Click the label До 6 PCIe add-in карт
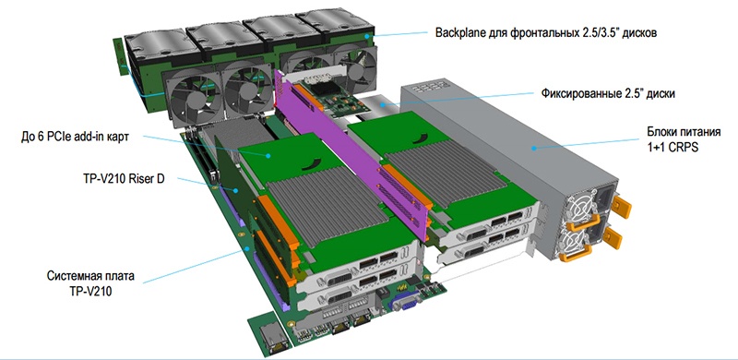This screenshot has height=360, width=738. pyautogui.click(x=75, y=138)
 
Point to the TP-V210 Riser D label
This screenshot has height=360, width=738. pyautogui.click(x=123, y=179)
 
